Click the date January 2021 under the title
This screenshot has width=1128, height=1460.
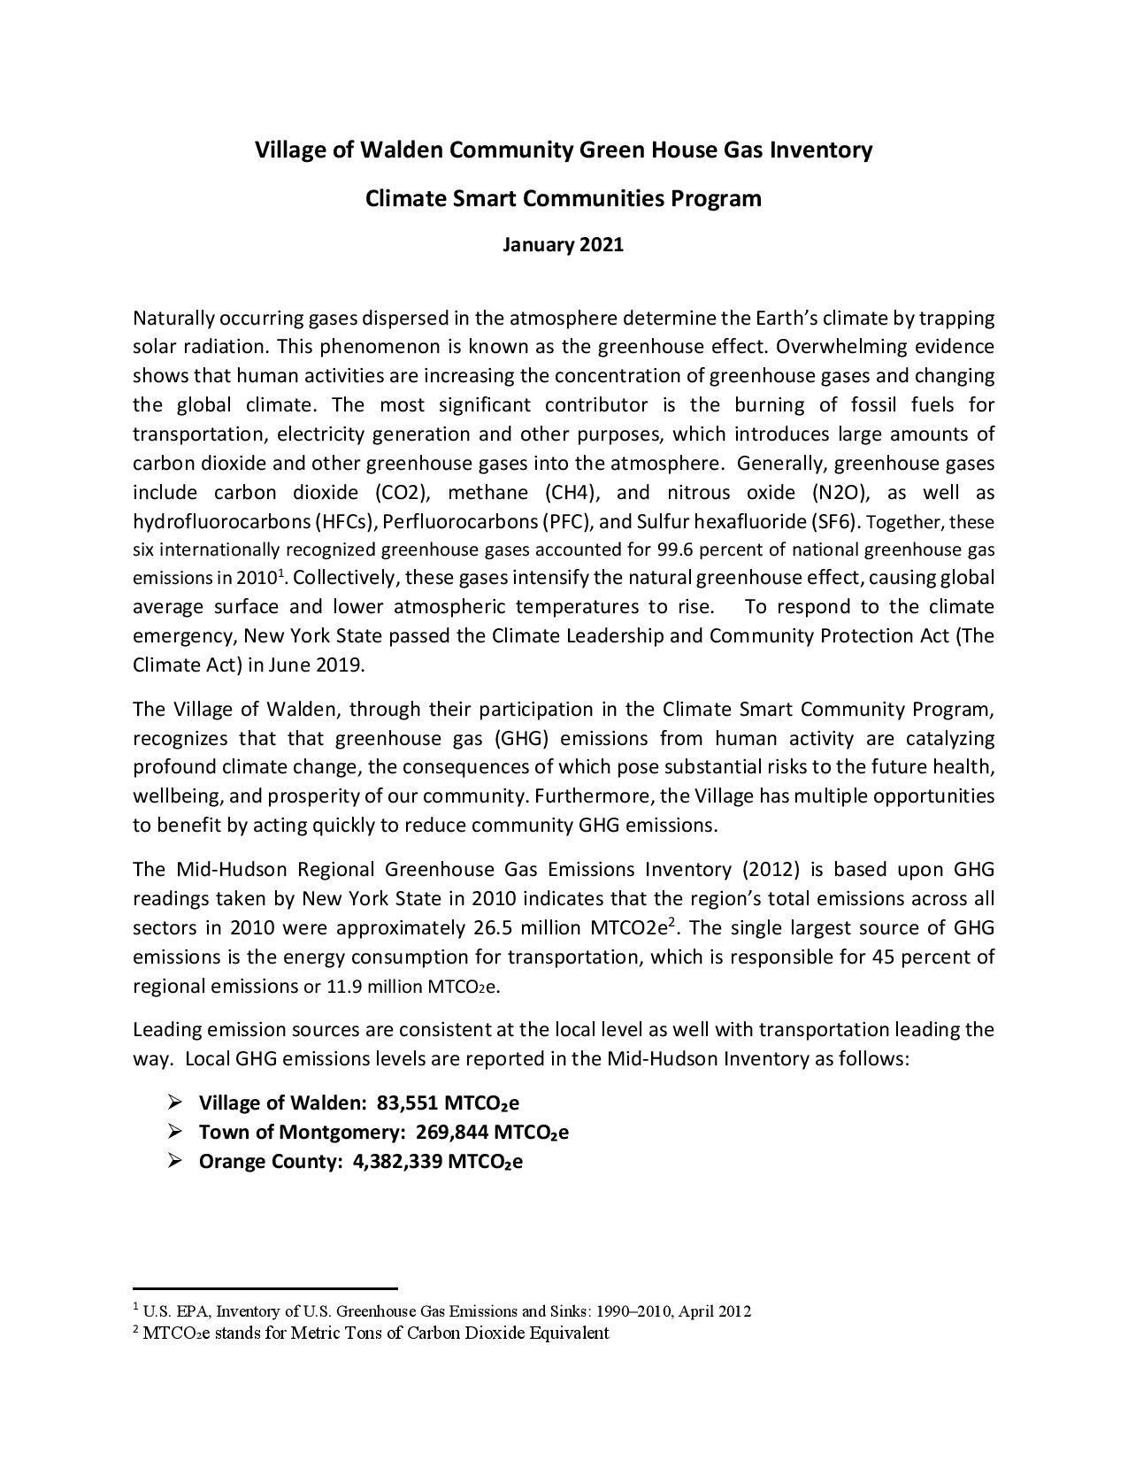563,244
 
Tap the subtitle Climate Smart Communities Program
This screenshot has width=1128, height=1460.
563,198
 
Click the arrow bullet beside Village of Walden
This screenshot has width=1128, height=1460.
174,1102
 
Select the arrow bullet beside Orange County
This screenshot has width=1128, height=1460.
174,1160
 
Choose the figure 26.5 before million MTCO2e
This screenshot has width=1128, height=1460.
483,928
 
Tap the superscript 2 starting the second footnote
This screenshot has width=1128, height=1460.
136,1329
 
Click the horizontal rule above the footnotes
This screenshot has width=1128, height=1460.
265,1289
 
